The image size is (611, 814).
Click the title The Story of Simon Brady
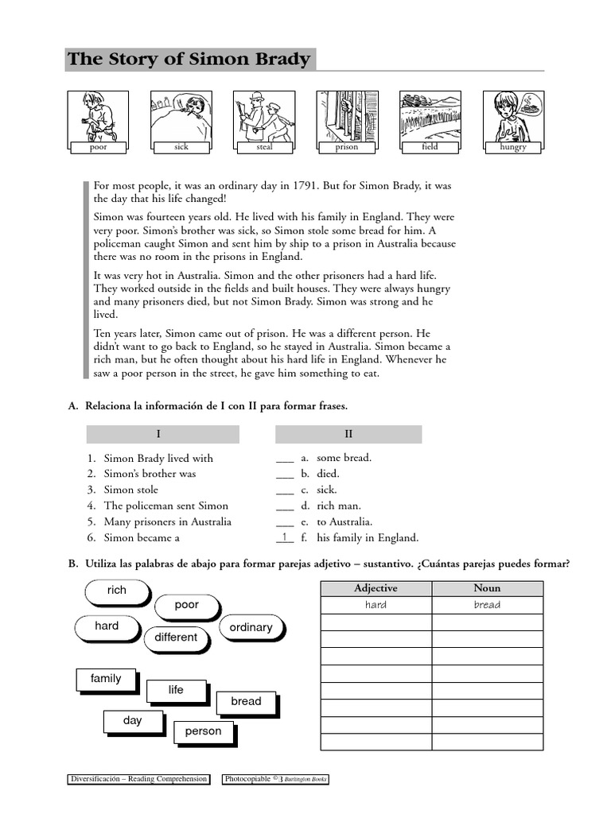click(189, 60)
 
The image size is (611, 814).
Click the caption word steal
click(264, 147)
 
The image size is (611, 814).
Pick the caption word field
click(430, 147)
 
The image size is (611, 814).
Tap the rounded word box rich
click(116, 591)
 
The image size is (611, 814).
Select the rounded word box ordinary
click(251, 627)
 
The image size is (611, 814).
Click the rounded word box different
click(176, 638)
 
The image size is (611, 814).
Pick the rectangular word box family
click(106, 679)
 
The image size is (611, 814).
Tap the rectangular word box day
click(132, 721)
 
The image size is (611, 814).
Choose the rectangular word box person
click(203, 731)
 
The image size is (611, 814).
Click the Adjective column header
click(376, 588)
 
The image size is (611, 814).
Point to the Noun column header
click(487, 588)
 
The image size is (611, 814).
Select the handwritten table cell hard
click(376, 605)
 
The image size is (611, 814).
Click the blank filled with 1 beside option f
click(285, 537)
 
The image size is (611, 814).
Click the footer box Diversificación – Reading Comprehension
click(138, 780)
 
